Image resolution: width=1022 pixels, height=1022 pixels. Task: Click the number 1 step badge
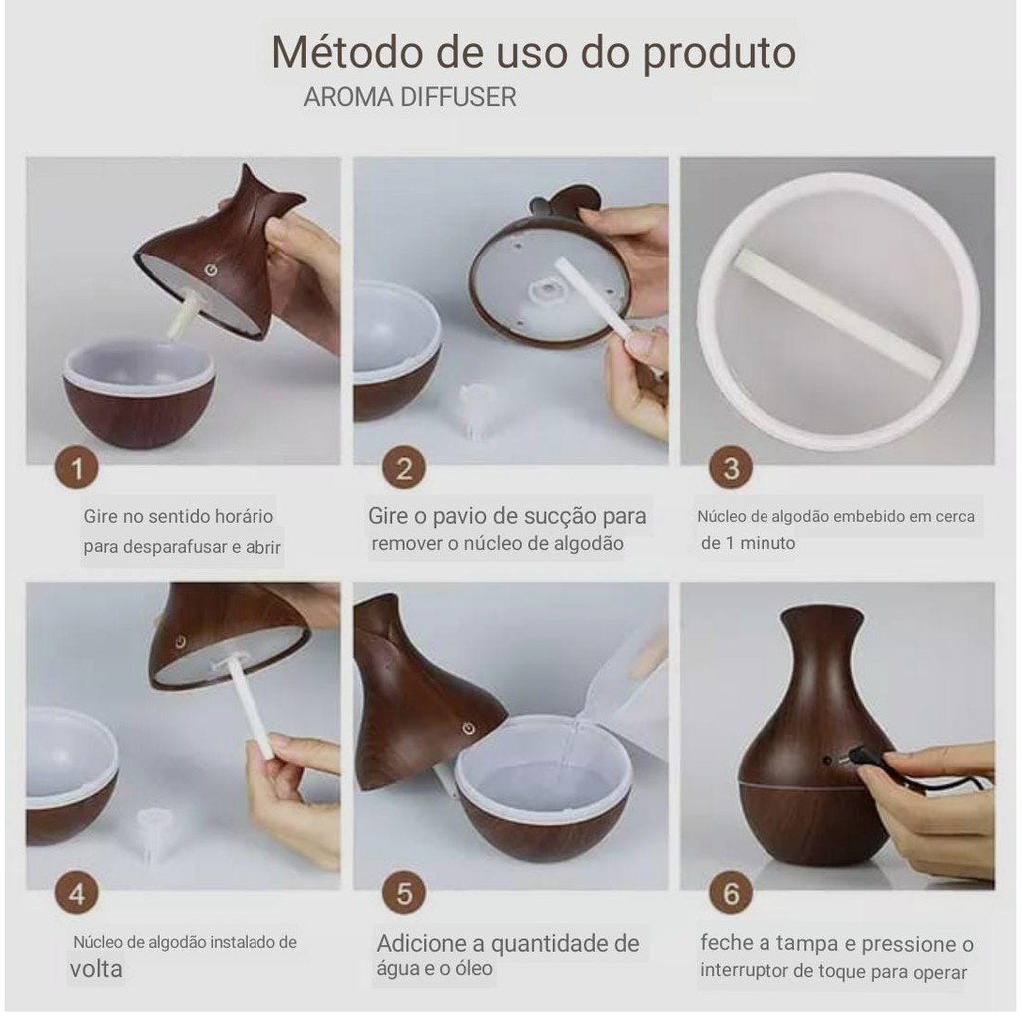point(76,467)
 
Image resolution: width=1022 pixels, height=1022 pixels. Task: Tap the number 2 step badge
point(404,467)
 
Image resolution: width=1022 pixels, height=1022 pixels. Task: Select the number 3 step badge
point(731,467)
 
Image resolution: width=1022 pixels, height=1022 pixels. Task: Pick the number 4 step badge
point(76,893)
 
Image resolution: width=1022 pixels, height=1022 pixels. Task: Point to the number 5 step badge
point(404,893)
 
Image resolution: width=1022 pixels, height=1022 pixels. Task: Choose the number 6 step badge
point(731,893)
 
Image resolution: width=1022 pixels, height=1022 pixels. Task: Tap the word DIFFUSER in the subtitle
point(458,97)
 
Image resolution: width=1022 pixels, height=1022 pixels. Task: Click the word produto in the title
point(720,54)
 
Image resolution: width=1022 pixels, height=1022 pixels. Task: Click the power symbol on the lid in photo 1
point(210,269)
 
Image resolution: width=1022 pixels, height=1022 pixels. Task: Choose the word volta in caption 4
point(96,968)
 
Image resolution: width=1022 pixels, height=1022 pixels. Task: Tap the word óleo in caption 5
point(474,968)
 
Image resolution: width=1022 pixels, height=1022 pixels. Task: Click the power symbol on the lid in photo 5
point(468,728)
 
